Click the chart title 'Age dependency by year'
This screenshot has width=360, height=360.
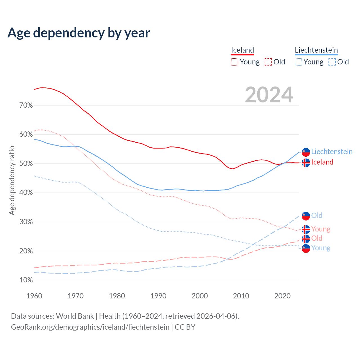point(79,33)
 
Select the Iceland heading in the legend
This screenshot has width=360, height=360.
point(242,50)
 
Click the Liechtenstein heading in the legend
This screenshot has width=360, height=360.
point(316,50)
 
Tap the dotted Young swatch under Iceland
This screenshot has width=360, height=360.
point(235,62)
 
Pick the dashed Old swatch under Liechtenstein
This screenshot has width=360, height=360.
point(332,62)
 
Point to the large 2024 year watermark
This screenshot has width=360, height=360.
point(269,95)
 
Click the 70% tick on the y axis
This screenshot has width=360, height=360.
point(26,105)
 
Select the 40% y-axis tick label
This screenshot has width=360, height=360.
point(26,193)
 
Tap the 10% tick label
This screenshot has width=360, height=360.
point(26,280)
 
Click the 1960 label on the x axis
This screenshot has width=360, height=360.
point(34,296)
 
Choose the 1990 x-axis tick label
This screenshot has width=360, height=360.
point(158,296)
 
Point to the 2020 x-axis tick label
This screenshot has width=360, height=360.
point(282,296)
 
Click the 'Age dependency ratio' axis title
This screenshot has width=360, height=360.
point(12,180)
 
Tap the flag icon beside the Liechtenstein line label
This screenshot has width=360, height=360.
point(306,152)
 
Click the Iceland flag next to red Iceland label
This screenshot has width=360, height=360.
point(306,163)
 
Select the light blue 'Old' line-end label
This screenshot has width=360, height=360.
point(317,215)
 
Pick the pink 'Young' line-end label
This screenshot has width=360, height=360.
point(321,229)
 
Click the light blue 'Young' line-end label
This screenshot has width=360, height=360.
point(321,248)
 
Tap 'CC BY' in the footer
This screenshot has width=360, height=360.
point(185,327)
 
